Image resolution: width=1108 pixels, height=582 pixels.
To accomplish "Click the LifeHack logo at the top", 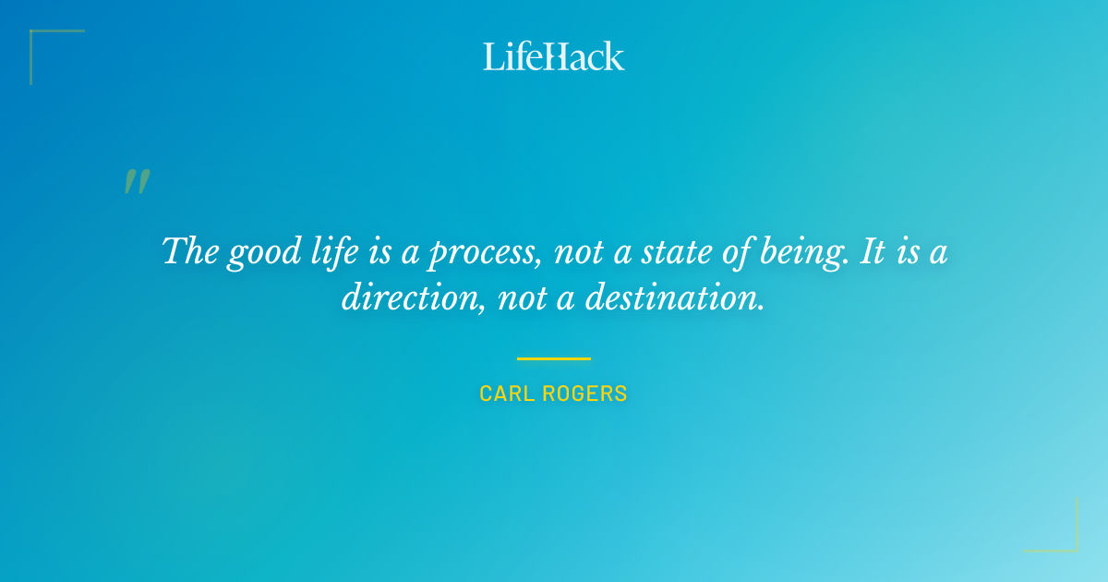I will click(553, 56).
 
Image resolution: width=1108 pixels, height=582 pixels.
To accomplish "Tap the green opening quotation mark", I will click(137, 182).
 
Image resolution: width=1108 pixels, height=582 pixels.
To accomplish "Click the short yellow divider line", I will click(553, 358).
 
